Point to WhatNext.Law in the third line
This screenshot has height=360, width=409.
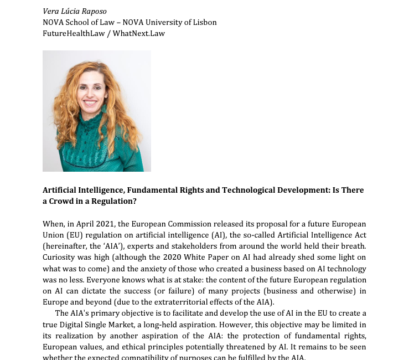point(141,33)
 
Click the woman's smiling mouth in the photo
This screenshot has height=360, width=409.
point(89,103)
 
